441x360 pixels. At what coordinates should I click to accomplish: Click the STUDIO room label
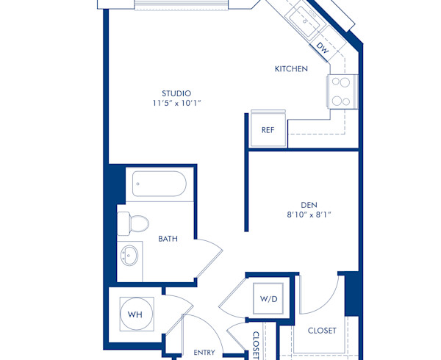tap(177, 93)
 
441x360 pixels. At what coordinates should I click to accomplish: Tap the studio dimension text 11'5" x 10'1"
tap(177, 104)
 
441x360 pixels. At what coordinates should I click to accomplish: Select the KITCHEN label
tap(291, 69)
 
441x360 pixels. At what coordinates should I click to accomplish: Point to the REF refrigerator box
tap(268, 130)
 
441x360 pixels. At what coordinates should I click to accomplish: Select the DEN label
tap(308, 205)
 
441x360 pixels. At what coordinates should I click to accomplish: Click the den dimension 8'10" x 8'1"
tap(308, 215)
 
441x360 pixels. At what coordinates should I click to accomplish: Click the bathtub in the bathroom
tap(159, 184)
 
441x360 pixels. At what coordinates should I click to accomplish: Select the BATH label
tap(168, 239)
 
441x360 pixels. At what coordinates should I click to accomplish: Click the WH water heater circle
tap(135, 315)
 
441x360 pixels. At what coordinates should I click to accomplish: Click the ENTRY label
tap(204, 353)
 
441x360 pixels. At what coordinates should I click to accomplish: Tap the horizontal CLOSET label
tap(322, 331)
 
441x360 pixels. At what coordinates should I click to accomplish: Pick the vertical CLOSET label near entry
tap(255, 344)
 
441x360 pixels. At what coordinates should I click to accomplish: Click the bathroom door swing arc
tap(210, 257)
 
